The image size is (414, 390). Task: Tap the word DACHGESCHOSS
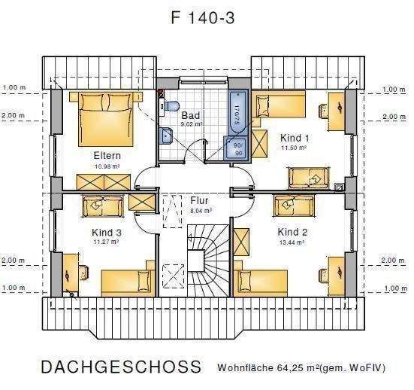click(121, 367)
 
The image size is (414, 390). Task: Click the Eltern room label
click(107, 155)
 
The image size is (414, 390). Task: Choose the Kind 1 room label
click(295, 138)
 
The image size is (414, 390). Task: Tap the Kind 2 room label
click(292, 232)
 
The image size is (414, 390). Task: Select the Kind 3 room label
click(107, 233)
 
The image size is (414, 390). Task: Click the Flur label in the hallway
click(199, 201)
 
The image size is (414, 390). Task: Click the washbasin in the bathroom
click(165, 136)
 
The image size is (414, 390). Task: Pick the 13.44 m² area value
click(292, 242)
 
